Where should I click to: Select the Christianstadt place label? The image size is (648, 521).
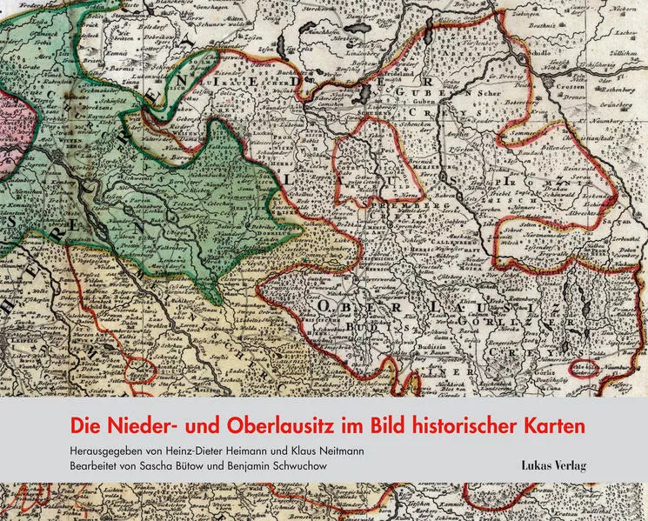[x=599, y=137]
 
